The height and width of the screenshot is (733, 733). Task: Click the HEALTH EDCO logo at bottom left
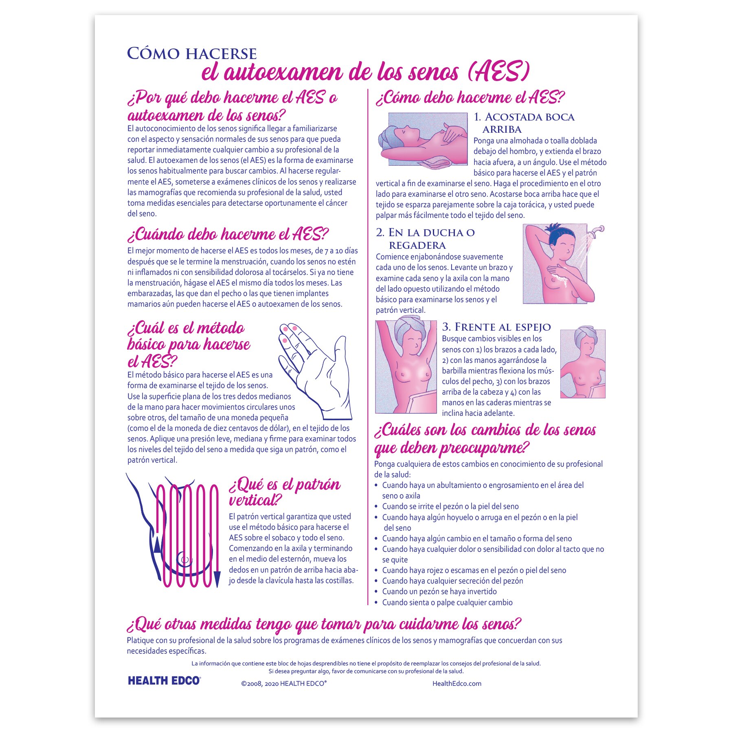click(x=164, y=680)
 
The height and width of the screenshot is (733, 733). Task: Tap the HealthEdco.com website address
click(x=456, y=683)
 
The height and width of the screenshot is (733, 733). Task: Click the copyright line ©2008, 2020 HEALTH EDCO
click(x=283, y=683)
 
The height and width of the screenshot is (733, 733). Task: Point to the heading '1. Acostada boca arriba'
click(x=524, y=123)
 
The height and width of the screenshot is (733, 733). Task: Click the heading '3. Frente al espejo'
click(x=496, y=327)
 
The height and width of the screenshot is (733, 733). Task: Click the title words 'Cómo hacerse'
click(x=192, y=54)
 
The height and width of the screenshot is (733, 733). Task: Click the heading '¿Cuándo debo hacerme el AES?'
click(x=228, y=235)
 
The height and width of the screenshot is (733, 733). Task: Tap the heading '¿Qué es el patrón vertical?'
click(x=284, y=492)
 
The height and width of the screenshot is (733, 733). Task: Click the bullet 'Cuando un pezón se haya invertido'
click(x=439, y=591)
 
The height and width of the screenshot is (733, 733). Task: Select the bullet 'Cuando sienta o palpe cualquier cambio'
click(x=447, y=602)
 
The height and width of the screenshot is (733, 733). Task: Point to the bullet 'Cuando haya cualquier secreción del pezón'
click(x=452, y=581)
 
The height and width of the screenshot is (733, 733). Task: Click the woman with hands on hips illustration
click(x=582, y=364)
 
